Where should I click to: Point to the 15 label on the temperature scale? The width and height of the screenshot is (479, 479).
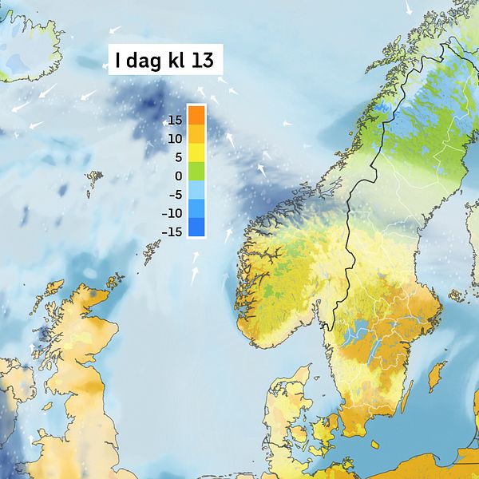(175, 120)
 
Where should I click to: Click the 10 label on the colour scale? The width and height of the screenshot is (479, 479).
(175, 139)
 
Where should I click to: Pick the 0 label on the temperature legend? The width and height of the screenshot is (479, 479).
(178, 176)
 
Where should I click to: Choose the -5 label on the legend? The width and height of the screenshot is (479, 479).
(173, 194)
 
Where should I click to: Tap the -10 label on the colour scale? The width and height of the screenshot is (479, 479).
(172, 213)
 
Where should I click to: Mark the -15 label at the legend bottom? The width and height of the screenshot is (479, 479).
(172, 232)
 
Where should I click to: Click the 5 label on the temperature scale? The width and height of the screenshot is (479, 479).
(178, 157)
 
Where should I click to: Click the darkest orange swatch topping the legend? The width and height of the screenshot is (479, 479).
(196, 114)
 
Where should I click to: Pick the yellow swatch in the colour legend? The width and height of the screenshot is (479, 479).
(196, 152)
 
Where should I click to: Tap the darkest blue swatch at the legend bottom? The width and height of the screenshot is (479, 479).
(196, 228)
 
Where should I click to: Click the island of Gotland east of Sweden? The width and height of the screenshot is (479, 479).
(437, 374)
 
